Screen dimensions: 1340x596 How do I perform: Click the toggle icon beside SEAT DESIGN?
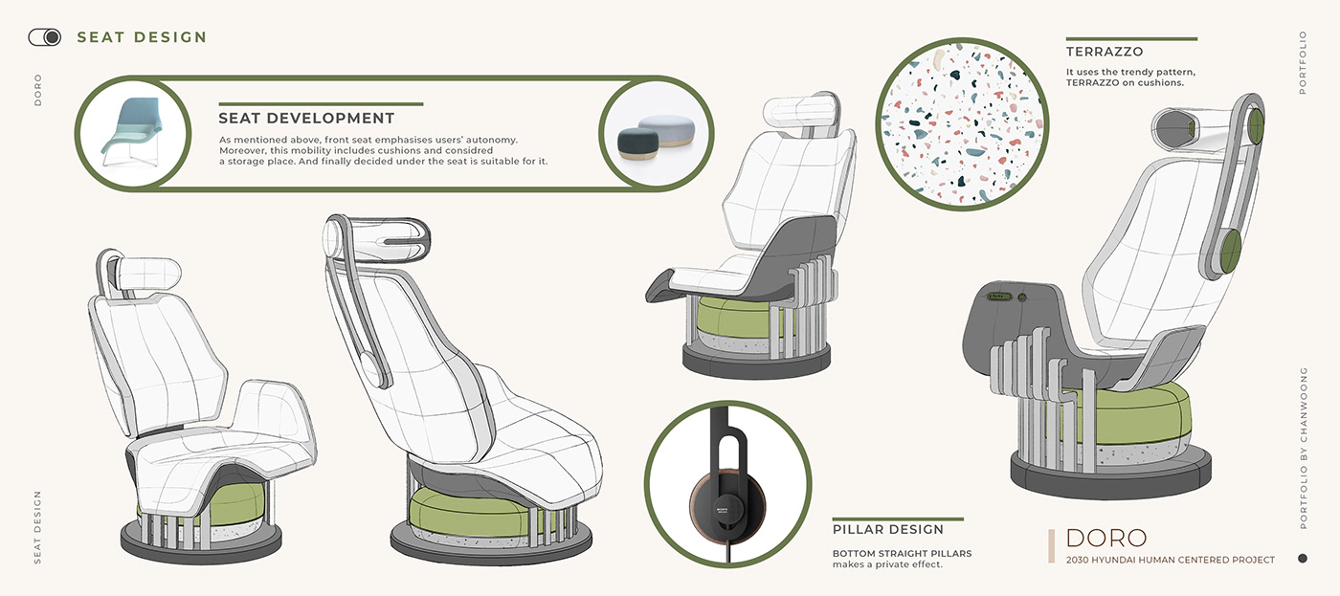44,37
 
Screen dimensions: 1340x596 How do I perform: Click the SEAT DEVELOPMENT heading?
306,119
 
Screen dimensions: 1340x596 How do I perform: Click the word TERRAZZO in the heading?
1105,52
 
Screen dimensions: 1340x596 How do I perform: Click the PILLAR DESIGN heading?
888,529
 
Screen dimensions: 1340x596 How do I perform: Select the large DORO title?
1105,538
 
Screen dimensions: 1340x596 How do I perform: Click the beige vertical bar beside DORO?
1052,545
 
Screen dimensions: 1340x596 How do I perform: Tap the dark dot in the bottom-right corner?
1302,558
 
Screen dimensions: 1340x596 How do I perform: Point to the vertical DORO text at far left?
38,89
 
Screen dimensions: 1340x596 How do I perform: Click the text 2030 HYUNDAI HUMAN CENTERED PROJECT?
1170,560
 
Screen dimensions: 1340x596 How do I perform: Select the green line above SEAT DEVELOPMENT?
321,103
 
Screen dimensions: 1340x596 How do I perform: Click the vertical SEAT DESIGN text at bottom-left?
38,527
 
